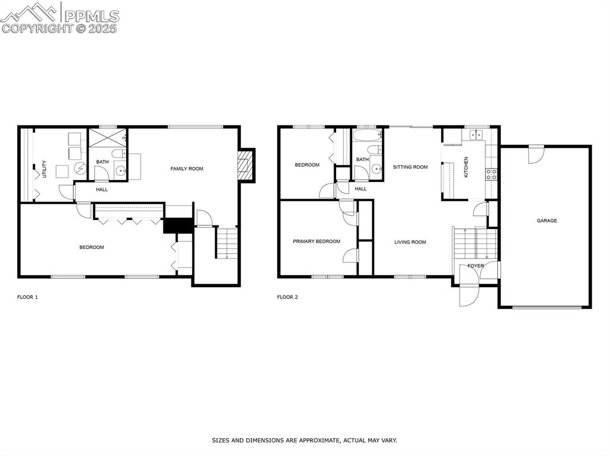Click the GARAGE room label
click(x=547, y=221)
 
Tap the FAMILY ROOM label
click(x=187, y=169)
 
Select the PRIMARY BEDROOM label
click(x=316, y=241)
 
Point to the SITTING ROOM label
click(x=410, y=167)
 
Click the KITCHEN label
click(x=466, y=167)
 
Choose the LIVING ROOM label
click(x=410, y=242)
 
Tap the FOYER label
click(x=475, y=266)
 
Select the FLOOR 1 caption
click(x=27, y=297)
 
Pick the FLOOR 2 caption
click(x=287, y=297)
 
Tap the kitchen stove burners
click(x=492, y=174)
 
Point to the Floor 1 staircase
click(x=227, y=244)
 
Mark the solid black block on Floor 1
click(x=178, y=226)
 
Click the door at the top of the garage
click(x=536, y=154)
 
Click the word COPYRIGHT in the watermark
click(x=37, y=28)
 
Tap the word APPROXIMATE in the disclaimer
click(x=315, y=441)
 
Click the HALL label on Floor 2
click(x=360, y=189)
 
